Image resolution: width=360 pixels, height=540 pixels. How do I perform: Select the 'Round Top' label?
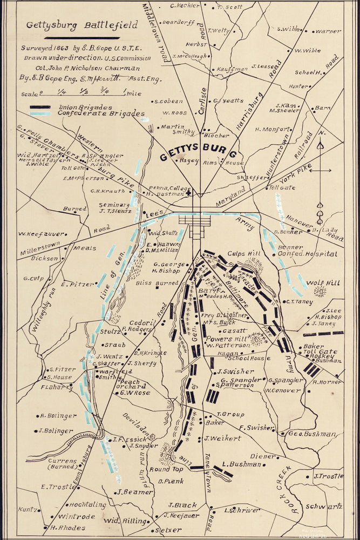coord(167,469)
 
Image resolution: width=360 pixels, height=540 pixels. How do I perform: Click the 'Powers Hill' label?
coord(227,339)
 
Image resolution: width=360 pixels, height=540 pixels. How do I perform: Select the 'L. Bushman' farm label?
coord(241,464)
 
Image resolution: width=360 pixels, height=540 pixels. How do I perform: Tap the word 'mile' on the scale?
coord(133,93)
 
